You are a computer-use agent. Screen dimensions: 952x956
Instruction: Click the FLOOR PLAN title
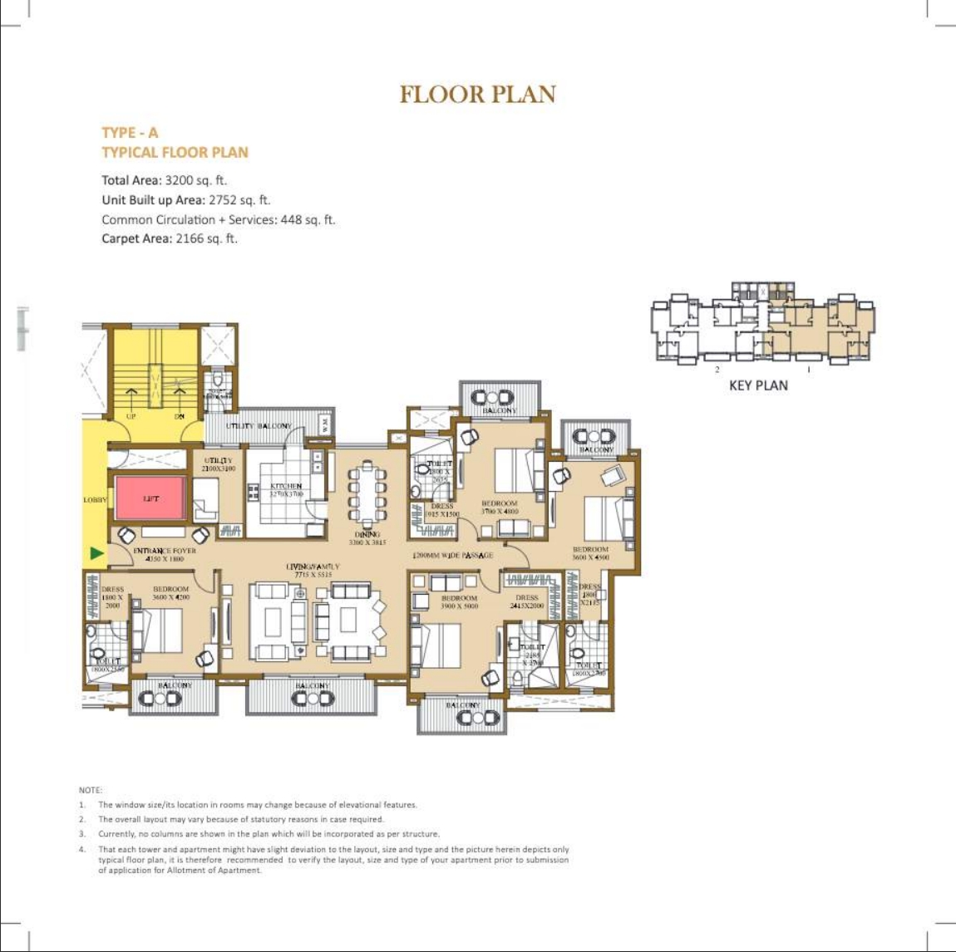coord(477,94)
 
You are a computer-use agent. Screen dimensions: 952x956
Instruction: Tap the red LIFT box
coord(150,498)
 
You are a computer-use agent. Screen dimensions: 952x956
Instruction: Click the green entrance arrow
coord(97,552)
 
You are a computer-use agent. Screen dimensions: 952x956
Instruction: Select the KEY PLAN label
coord(757,385)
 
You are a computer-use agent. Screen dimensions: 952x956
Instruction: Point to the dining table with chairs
coord(367,497)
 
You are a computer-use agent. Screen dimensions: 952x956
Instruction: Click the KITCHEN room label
coord(286,487)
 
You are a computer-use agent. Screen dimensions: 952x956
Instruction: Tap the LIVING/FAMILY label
coord(313,567)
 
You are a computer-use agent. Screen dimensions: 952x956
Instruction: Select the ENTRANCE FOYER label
coord(165,551)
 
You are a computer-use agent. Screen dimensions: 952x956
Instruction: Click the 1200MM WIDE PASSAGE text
coord(453,555)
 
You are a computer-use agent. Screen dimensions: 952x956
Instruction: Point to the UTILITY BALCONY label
coord(259,426)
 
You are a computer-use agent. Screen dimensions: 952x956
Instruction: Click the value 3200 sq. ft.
coord(196,180)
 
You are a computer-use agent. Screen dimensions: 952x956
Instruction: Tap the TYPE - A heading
coord(130,133)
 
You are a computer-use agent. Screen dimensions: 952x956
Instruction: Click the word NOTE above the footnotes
coord(91,790)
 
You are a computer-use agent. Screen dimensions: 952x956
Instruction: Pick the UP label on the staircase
coord(131,416)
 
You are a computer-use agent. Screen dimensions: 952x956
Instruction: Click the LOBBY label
coord(95,500)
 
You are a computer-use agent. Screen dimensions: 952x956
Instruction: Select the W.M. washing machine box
coord(325,424)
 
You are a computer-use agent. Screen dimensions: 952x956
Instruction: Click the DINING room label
coord(367,535)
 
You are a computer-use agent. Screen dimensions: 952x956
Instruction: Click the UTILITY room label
coord(219,460)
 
